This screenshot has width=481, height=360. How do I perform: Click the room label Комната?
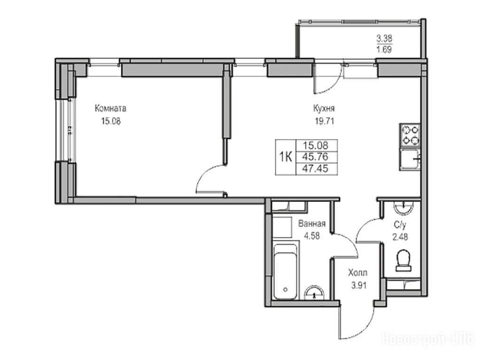click(x=110, y=108)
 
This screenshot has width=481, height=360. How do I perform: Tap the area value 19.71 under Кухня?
click(x=324, y=122)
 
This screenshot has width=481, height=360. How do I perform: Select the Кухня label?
click(x=324, y=108)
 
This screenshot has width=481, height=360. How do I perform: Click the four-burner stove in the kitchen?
click(x=410, y=135)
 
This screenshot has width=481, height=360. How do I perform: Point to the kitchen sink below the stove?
click(x=410, y=159)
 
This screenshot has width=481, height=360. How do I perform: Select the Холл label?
click(x=357, y=273)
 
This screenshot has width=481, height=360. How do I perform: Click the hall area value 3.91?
click(x=358, y=286)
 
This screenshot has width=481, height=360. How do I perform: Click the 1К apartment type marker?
click(x=285, y=157)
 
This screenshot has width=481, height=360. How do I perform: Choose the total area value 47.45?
click(x=315, y=169)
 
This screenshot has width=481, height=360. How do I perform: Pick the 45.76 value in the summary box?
click(x=315, y=157)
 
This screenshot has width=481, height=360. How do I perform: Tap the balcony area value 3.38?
click(x=384, y=38)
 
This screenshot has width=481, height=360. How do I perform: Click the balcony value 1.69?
click(x=384, y=49)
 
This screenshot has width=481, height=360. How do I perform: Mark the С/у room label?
click(x=400, y=225)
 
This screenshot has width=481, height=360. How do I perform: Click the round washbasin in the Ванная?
click(x=314, y=293)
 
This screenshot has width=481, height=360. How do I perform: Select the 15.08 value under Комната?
click(x=111, y=122)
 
